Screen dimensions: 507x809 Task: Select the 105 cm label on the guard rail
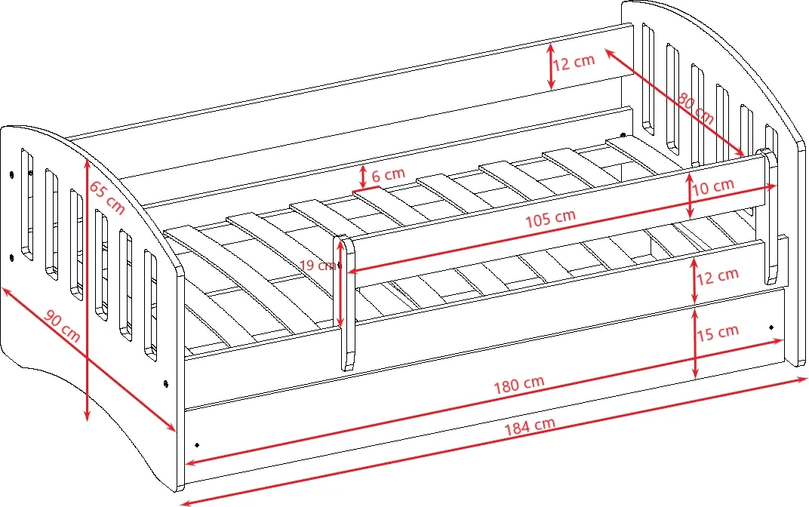point(551,218)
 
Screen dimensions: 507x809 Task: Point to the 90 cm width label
point(62,327)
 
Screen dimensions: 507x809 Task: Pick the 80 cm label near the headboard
point(694,108)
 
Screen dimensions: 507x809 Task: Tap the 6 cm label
point(388,174)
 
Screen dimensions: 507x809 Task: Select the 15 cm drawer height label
point(718,331)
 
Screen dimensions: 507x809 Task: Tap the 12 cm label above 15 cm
point(718,275)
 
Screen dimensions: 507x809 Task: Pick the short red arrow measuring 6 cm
point(363,177)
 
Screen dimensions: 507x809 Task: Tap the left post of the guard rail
point(345,302)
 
